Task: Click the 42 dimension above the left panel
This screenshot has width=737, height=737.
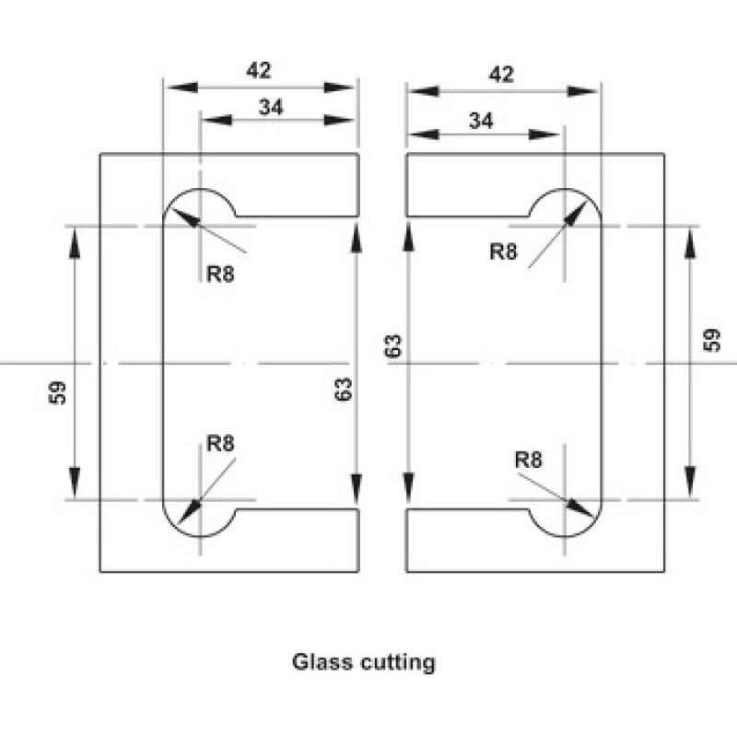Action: (259, 71)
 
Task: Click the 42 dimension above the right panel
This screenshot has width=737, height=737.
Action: (501, 75)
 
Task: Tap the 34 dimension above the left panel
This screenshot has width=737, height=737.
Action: (271, 107)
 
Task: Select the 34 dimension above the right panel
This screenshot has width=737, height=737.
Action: (481, 121)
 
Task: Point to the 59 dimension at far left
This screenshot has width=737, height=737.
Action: (57, 393)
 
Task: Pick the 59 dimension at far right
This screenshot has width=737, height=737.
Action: (711, 340)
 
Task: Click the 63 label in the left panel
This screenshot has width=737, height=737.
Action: (344, 389)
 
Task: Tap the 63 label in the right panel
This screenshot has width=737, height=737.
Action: (393, 345)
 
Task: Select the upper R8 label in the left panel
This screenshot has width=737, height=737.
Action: (220, 274)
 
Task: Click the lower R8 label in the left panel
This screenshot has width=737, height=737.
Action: (220, 443)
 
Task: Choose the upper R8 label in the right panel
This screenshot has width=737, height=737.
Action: (503, 252)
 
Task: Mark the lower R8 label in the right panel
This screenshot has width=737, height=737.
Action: (528, 459)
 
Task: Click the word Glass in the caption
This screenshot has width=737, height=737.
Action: (322, 661)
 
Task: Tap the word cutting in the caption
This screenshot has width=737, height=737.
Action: (398, 662)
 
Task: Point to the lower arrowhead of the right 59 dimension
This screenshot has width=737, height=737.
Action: (689, 482)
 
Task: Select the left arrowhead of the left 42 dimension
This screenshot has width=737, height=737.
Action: (182, 88)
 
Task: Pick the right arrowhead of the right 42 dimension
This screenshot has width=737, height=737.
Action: (582, 91)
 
